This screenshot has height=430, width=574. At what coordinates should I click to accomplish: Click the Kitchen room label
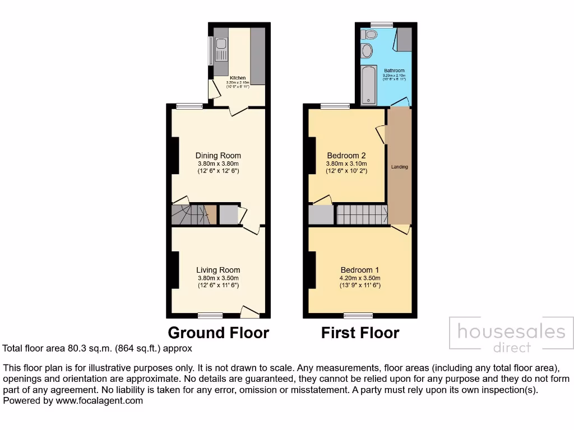238,77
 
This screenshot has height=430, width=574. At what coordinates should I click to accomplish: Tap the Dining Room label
218,156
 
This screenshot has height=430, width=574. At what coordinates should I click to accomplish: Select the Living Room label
218,270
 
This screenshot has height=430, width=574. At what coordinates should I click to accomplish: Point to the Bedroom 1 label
360,270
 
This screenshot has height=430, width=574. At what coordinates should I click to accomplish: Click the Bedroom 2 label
346,156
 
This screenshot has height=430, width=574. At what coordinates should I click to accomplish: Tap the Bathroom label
394,71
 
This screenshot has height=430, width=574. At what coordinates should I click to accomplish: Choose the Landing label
399,167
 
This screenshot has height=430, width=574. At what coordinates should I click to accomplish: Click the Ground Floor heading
218,333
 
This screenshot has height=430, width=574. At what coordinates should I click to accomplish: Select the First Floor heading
360,333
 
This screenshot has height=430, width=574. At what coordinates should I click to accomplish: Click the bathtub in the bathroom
368,85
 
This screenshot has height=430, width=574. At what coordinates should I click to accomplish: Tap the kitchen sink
221,44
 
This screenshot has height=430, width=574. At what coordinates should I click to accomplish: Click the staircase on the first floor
362,214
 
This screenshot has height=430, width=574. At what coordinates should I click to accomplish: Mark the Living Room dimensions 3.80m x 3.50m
218,278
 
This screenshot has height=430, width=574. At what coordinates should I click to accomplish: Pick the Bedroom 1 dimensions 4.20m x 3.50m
360,278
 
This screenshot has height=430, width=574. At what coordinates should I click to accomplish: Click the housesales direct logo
511,336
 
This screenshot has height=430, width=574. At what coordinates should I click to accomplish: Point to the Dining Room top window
189,106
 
